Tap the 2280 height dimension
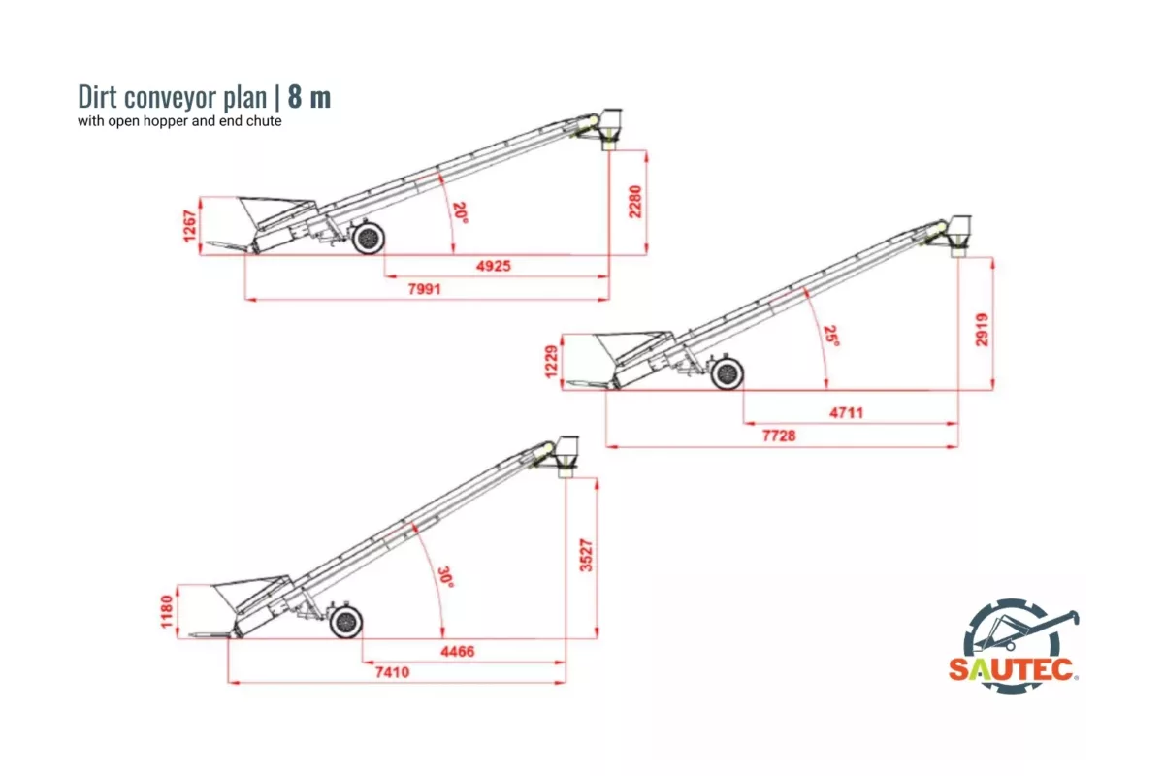click(x=635, y=202)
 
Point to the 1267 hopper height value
click(x=191, y=226)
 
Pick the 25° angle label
click(x=830, y=336)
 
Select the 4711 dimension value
click(x=846, y=413)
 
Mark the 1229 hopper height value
click(x=552, y=363)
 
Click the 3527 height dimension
click(x=586, y=555)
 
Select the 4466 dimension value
click(x=458, y=651)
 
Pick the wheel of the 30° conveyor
click(x=345, y=622)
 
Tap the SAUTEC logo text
click(x=1011, y=669)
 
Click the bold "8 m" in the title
click(x=309, y=98)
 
